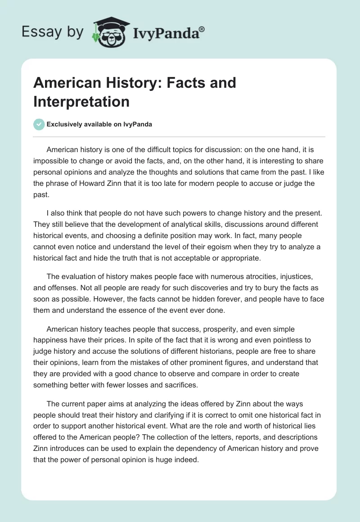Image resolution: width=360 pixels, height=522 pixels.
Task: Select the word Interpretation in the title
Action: tap(81, 101)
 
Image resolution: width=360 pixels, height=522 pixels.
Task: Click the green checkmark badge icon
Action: tap(39, 124)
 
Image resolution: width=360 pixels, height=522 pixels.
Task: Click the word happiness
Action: tap(54, 340)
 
